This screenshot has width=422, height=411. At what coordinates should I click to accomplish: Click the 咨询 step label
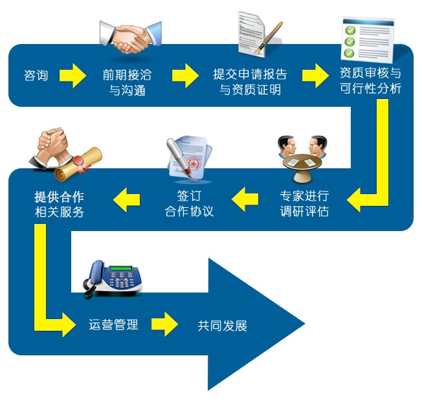tap(36, 75)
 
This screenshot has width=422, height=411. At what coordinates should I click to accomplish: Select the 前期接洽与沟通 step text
tap(127, 82)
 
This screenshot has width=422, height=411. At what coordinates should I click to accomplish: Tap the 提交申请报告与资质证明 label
tap(250, 82)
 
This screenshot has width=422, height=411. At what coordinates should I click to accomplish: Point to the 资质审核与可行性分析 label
tap(370, 80)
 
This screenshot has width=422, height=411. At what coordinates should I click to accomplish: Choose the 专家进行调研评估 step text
tap(304, 203)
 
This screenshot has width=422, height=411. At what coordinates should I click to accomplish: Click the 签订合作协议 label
tap(189, 203)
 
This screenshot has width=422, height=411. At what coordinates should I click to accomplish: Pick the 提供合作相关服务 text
tap(59, 204)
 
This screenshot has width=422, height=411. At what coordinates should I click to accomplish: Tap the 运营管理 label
tap(113, 325)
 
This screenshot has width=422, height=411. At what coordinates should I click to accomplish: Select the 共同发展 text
tap(222, 326)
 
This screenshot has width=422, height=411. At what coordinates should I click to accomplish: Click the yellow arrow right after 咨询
tap(72, 76)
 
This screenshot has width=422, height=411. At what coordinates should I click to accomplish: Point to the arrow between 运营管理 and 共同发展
tap(164, 324)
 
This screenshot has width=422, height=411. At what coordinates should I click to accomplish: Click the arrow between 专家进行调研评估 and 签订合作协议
tap(245, 199)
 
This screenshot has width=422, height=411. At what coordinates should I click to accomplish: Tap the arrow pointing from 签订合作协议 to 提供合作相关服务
tap(126, 200)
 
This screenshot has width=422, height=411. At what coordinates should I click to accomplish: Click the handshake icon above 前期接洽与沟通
tap(131, 38)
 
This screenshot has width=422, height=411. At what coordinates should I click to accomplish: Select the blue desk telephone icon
tap(113, 279)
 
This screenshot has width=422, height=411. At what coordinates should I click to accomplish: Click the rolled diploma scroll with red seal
tap(78, 164)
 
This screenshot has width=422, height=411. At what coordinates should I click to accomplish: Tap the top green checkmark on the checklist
tap(350, 30)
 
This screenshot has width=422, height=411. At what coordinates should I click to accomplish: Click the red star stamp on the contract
tap(193, 163)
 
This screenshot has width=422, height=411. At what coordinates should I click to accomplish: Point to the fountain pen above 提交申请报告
tap(269, 37)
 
